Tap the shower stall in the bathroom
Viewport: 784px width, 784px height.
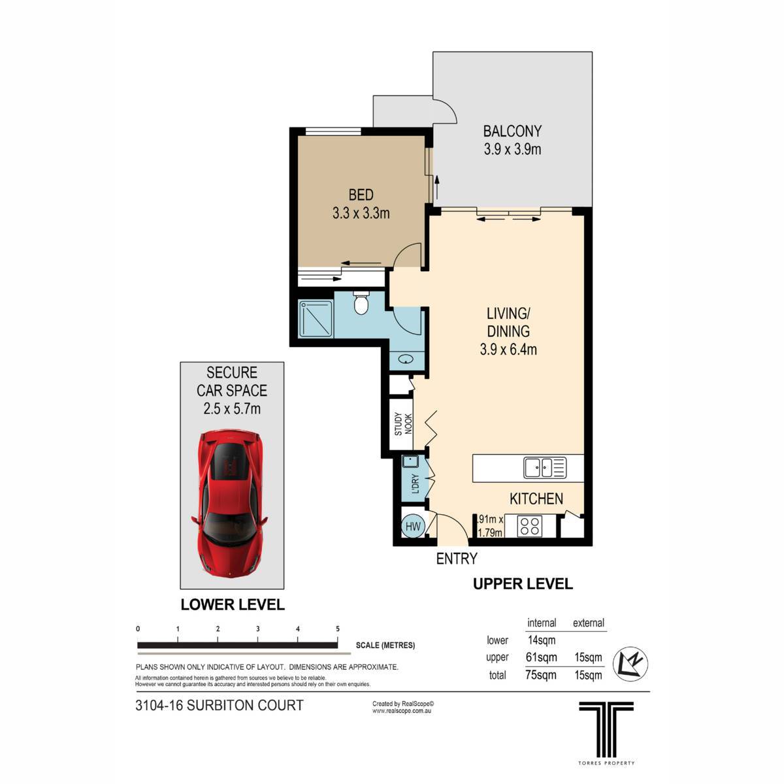(x=316, y=319)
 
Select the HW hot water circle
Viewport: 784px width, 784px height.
(x=412, y=526)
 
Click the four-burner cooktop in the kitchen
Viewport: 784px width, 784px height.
(x=529, y=526)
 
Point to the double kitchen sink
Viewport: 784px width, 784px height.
(x=544, y=468)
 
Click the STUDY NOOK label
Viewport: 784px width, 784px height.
(x=404, y=425)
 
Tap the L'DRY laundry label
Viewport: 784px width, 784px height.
(x=415, y=483)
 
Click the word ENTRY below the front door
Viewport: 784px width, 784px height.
(x=457, y=559)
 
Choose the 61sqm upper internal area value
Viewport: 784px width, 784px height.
(x=541, y=657)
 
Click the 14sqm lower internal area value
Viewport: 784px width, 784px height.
(x=541, y=640)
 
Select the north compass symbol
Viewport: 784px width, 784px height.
(x=630, y=664)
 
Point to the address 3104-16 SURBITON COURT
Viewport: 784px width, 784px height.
(x=220, y=706)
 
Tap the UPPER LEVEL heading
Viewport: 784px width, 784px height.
(x=523, y=584)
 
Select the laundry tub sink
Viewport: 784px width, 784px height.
(x=410, y=462)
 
